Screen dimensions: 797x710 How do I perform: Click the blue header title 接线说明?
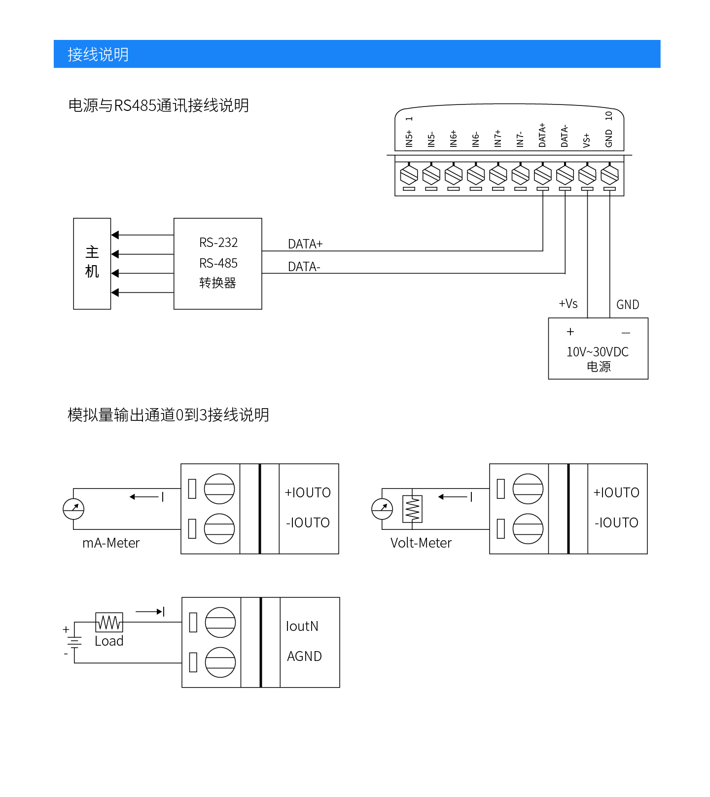point(98,54)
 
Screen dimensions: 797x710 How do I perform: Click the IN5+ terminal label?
point(409,139)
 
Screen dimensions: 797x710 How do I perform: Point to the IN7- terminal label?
point(520,139)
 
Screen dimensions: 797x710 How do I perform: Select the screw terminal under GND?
point(610,174)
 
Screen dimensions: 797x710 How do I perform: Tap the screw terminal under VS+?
point(587,174)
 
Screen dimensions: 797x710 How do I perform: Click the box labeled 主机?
point(92,263)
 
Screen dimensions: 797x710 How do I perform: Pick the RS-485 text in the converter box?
point(218,263)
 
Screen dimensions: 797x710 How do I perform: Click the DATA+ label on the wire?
point(305,244)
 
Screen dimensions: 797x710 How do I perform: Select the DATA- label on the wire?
point(304,267)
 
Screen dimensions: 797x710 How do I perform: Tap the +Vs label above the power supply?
point(568,304)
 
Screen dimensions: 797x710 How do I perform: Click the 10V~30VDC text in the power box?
point(598,352)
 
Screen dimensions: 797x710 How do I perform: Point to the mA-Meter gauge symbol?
point(73,509)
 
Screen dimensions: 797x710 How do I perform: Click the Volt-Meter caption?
point(421,543)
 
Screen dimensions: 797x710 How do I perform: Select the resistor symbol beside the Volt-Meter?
point(412,509)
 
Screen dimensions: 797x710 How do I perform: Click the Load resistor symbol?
point(109,623)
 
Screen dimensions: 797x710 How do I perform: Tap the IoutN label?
point(302,626)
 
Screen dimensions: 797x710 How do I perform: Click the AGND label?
point(304,657)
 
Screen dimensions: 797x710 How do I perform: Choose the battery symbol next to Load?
point(74,642)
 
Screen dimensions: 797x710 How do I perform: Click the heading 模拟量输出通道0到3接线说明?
point(168,415)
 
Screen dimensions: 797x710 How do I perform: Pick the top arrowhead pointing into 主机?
point(115,235)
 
